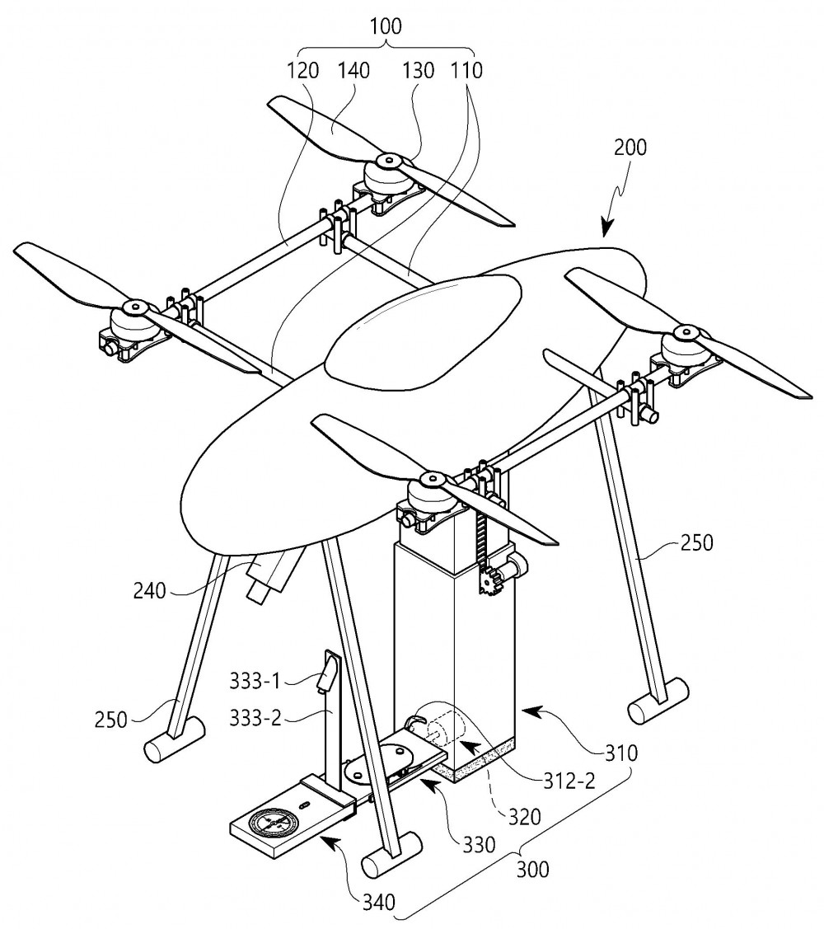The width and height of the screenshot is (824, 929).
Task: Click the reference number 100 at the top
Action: coord(386,26)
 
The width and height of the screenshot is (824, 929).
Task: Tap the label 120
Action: coord(302,71)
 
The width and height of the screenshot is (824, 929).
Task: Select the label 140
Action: coord(353,71)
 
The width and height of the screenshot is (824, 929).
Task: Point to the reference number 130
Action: coord(419,71)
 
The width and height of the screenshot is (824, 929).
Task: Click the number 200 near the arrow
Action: coord(630,147)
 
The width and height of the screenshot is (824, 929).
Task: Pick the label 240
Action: coord(150,591)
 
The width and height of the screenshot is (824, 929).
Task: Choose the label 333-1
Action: coord(254,682)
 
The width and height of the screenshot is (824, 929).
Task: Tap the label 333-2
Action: coord(254,720)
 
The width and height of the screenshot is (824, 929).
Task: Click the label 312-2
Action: coord(569,781)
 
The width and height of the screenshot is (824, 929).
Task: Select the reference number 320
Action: coord(525,817)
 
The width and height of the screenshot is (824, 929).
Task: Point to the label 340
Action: coord(378,903)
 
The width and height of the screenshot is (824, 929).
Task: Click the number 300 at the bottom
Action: coord(532,870)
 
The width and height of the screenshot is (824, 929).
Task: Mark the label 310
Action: coord(620,753)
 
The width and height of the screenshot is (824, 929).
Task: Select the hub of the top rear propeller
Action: coord(389,161)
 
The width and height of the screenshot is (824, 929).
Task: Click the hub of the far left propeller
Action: coord(133,307)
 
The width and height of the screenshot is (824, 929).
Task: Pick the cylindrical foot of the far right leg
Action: coord(658,701)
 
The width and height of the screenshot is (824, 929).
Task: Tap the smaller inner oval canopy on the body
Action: coord(424,333)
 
